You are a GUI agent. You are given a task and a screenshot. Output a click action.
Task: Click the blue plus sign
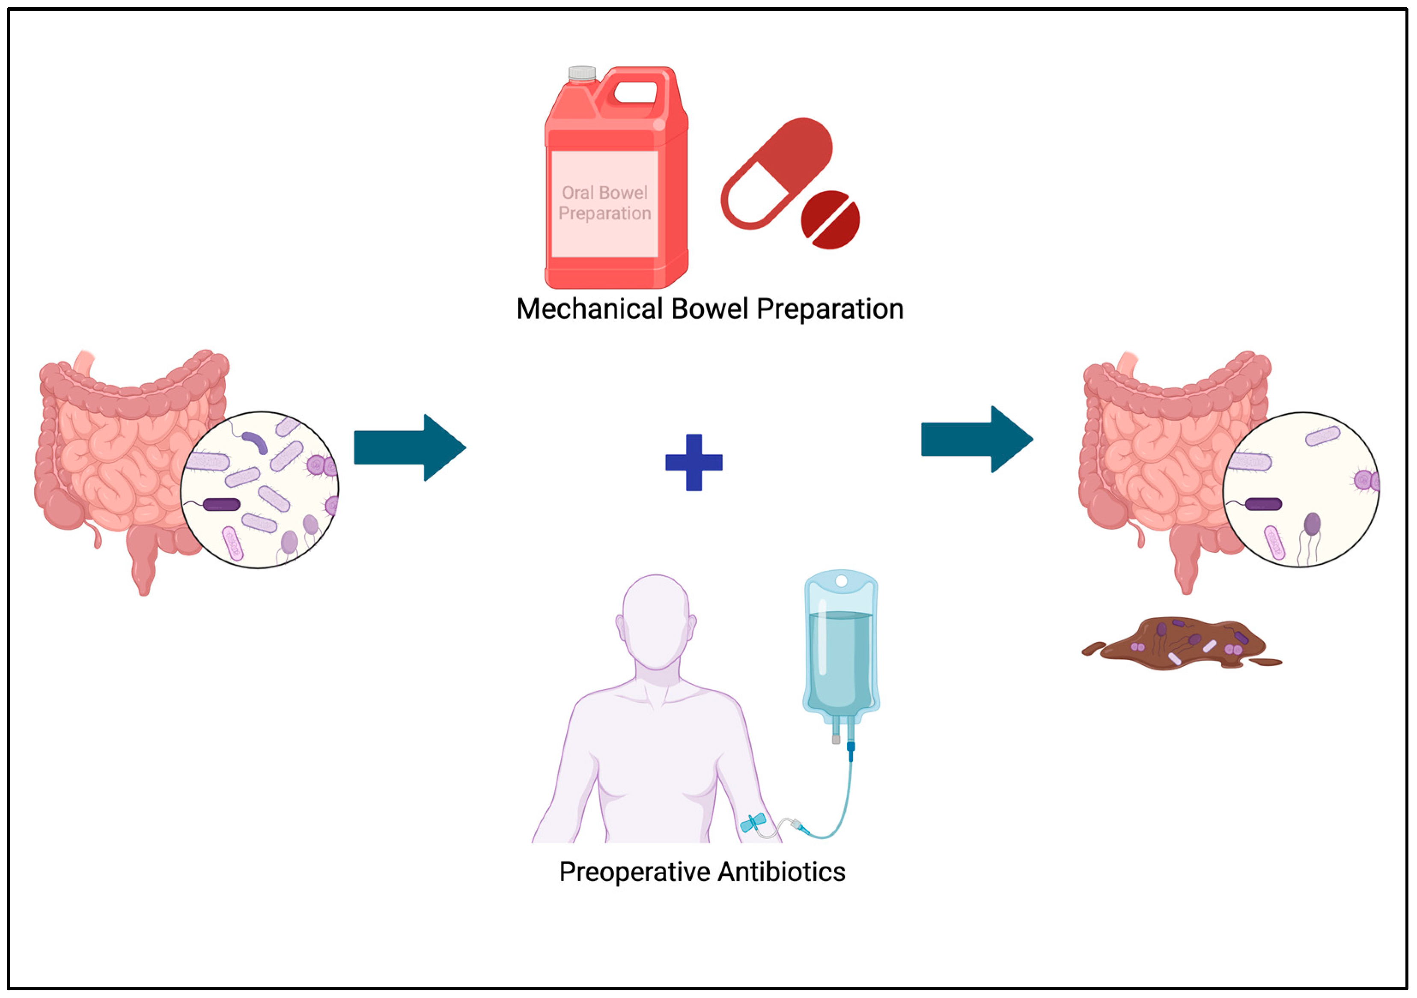coord(694,463)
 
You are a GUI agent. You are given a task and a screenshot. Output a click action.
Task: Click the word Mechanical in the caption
coord(589,309)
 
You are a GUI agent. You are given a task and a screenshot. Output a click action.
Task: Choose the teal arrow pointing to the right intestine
coord(976,439)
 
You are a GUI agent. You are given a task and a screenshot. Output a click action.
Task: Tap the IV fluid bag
coord(841,648)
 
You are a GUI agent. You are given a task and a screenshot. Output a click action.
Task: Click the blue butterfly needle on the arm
coord(753,823)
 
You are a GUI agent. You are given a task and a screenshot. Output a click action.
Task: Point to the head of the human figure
coord(656,620)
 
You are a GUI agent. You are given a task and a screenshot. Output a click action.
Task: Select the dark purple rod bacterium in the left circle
coord(221,505)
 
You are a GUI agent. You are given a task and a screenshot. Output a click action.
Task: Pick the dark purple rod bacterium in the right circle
coord(1263,504)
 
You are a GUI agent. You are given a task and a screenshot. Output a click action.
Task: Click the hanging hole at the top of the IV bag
coord(841,581)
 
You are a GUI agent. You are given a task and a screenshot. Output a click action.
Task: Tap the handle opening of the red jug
coord(635,92)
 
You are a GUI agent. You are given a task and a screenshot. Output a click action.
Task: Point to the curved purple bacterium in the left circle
coord(256,441)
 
